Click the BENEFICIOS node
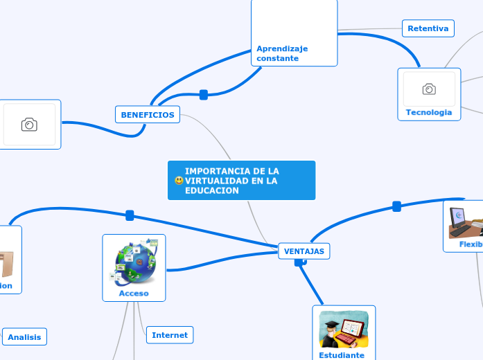point(147,114)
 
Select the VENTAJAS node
point(304,251)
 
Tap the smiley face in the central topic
point(179,181)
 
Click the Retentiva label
point(428,28)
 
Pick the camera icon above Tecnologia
point(429,89)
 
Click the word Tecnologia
point(428,112)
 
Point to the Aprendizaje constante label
point(282,53)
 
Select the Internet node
point(170,335)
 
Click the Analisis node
point(24,337)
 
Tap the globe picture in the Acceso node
point(134,262)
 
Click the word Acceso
point(134,293)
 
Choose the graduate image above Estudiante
point(343,329)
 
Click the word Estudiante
point(342,355)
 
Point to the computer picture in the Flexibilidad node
point(465,222)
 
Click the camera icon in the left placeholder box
point(29,125)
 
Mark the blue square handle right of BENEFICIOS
point(204,95)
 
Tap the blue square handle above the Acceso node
point(130,215)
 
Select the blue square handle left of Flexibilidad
point(397,206)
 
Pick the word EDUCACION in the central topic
point(211,190)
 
